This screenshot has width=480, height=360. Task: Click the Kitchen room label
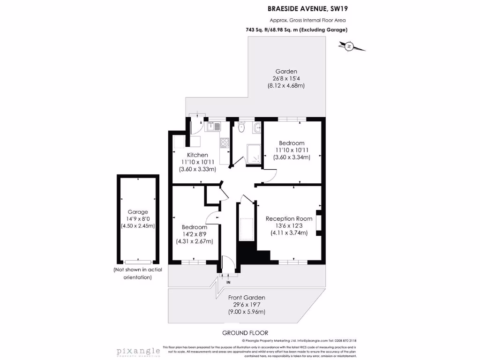(197, 155)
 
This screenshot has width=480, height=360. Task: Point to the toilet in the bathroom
(241, 127)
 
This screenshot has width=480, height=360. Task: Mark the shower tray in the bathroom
(254, 154)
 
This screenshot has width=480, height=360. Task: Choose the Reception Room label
(289, 218)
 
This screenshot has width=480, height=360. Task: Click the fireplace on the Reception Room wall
(319, 223)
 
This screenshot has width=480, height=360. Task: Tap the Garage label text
(138, 212)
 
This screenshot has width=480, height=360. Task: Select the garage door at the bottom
(138, 262)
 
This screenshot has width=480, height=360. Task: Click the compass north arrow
(350, 46)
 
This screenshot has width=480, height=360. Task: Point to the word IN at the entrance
(228, 282)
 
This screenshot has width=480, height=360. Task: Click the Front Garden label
(247, 298)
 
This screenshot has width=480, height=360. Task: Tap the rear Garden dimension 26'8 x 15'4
(286, 79)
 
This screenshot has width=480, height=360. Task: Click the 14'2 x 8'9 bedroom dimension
(195, 234)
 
